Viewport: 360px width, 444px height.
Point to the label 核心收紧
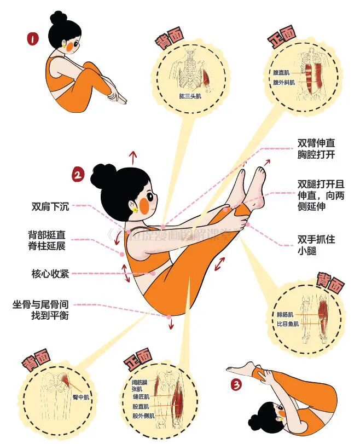click(x=50, y=273)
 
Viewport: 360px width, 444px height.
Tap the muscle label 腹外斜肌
click(x=284, y=83)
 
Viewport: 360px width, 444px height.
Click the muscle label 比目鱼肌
click(x=288, y=324)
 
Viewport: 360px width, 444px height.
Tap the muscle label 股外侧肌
click(x=144, y=416)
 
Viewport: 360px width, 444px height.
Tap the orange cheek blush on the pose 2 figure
click(x=144, y=205)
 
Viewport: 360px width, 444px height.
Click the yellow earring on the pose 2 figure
click(x=134, y=209)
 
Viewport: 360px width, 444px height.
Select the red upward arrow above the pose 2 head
click(x=132, y=157)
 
